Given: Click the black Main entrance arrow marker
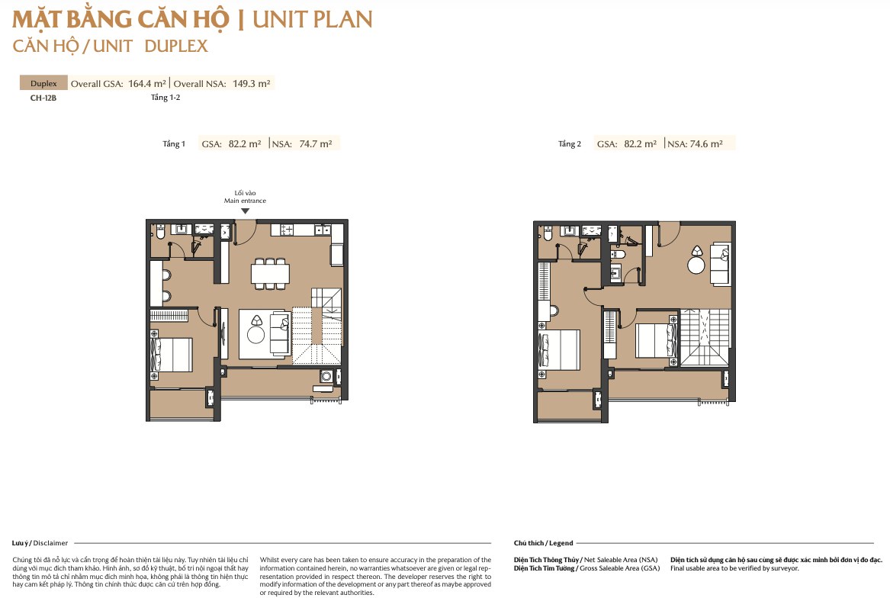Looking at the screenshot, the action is pyautogui.click(x=246, y=211).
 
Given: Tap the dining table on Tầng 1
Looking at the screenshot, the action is pyautogui.click(x=270, y=274).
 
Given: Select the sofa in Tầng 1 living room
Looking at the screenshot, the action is pyautogui.click(x=279, y=334).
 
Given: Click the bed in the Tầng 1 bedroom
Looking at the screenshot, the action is pyautogui.click(x=172, y=355).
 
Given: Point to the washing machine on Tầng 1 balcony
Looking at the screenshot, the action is pyautogui.click(x=326, y=376).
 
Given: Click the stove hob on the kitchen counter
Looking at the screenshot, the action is pyautogui.click(x=286, y=230).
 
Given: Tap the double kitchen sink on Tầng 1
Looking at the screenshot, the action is pyautogui.click(x=323, y=230).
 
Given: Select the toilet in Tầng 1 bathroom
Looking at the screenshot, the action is pyautogui.click(x=161, y=233).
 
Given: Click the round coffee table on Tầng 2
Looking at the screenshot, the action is pyautogui.click(x=696, y=265).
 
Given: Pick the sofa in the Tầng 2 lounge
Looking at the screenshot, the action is pyautogui.click(x=720, y=263).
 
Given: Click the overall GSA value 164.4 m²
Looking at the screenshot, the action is pyautogui.click(x=147, y=83).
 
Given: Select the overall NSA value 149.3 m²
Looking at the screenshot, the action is pyautogui.click(x=252, y=83).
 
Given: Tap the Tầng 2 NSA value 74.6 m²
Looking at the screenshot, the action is pyautogui.click(x=706, y=144).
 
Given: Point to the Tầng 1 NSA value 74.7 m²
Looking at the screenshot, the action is pyautogui.click(x=316, y=144).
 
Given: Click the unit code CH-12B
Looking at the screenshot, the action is pyautogui.click(x=43, y=98).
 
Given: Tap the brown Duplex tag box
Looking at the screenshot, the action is pyautogui.click(x=43, y=83).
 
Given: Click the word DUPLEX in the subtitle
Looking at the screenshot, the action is pyautogui.click(x=176, y=46).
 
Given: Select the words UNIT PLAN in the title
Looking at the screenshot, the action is pyautogui.click(x=312, y=19).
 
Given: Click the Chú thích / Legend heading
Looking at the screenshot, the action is pyautogui.click(x=543, y=543).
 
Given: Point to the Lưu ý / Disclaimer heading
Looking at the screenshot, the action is pyautogui.click(x=40, y=543).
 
